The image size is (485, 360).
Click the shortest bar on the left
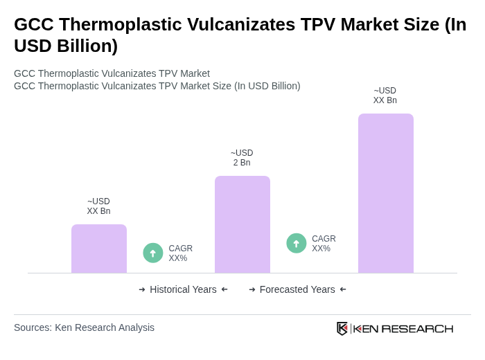click(99, 249)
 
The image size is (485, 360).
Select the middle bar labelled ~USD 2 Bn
click(242, 224)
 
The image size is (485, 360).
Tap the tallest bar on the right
click(385, 193)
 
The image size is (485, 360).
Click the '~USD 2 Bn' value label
click(242, 158)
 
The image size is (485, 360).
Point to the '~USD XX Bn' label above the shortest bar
click(98, 206)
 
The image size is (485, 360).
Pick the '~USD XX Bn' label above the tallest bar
click(385, 96)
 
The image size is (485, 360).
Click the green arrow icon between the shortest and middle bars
click(153, 253)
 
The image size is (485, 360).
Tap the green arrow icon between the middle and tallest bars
click(297, 243)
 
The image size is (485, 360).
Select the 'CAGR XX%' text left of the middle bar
click(180, 253)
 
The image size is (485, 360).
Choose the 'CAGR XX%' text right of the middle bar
click(324, 244)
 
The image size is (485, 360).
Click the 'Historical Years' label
click(183, 289)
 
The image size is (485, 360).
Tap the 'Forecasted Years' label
click(297, 289)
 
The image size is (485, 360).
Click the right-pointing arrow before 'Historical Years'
click(142, 289)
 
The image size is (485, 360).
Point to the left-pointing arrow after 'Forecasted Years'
click(343, 289)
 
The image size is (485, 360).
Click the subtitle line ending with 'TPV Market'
click(112, 73)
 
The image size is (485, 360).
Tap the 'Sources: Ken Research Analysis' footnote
click(84, 327)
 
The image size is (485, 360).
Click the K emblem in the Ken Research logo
click(342, 328)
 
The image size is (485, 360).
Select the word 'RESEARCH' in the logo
click(417, 328)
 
